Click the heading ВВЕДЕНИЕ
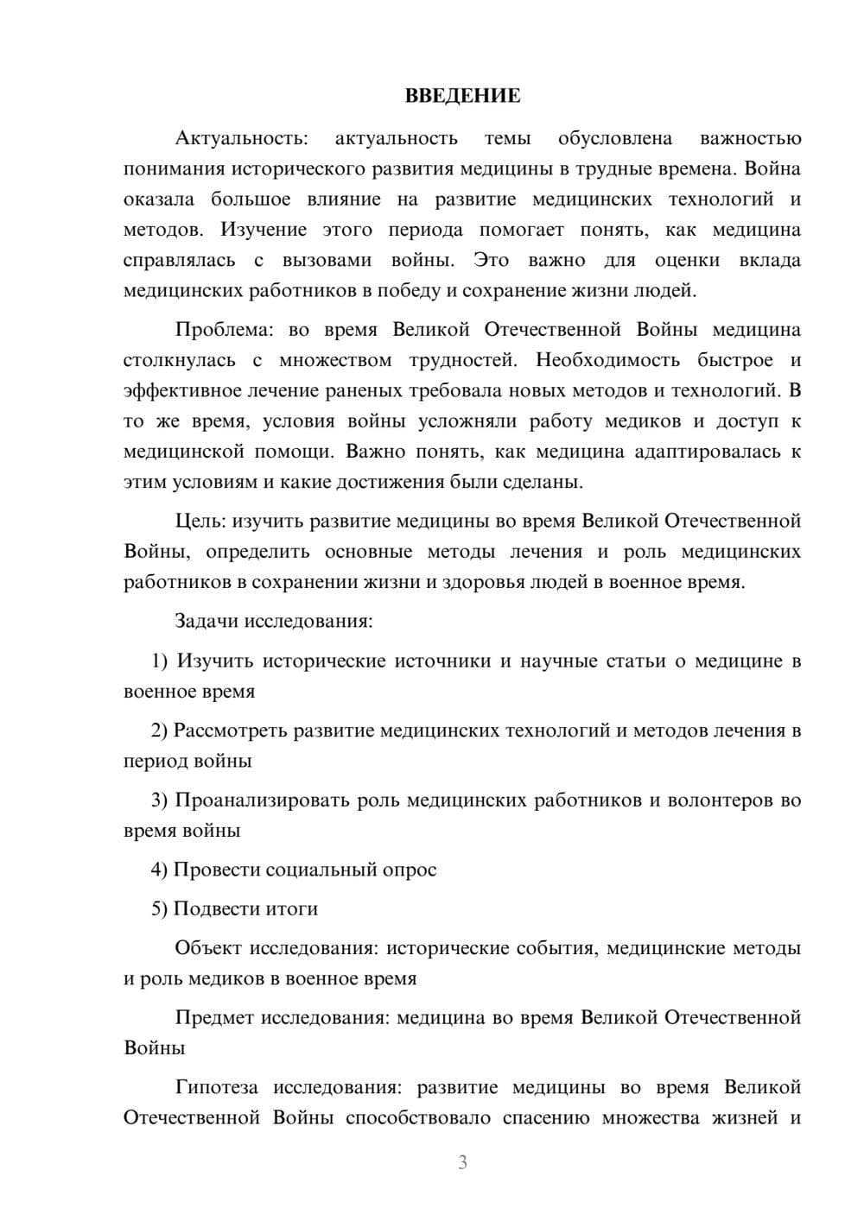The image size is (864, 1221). (462, 96)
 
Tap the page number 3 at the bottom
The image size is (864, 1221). (462, 1162)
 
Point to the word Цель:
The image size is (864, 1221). (200, 521)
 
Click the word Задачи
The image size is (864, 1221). (206, 621)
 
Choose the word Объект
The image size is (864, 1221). (208, 948)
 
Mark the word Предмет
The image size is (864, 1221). (214, 1017)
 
